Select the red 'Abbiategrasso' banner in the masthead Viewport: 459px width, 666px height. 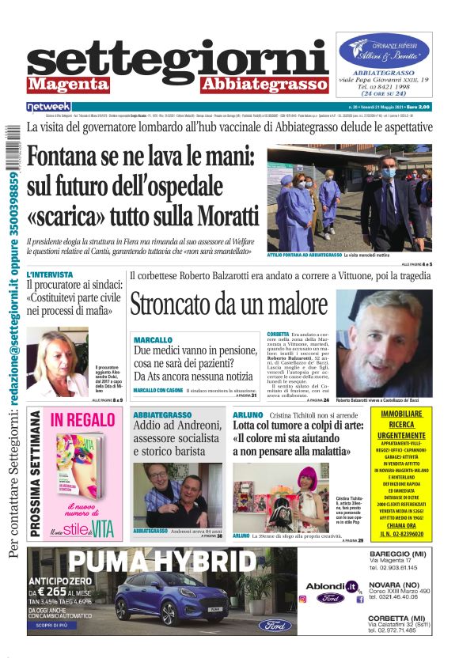(264, 85)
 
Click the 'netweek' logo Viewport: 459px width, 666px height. (48, 107)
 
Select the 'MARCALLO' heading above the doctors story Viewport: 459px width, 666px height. (153, 339)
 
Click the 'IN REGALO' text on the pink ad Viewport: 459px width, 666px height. (82, 421)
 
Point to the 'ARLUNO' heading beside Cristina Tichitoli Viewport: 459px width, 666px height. (248, 414)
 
